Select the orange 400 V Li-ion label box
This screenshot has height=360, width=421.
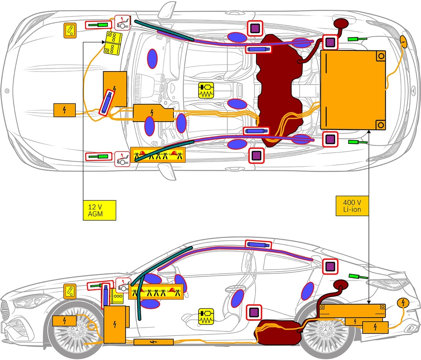(352, 206)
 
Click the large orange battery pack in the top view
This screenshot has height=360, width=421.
(353, 90)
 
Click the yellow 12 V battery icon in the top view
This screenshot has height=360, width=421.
(113, 43)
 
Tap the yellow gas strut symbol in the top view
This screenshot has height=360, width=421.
(206, 90)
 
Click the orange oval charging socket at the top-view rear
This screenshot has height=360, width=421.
(403, 42)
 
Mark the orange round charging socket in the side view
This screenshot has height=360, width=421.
(403, 303)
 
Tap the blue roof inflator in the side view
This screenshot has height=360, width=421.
(258, 244)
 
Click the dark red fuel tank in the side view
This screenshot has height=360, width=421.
(280, 332)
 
